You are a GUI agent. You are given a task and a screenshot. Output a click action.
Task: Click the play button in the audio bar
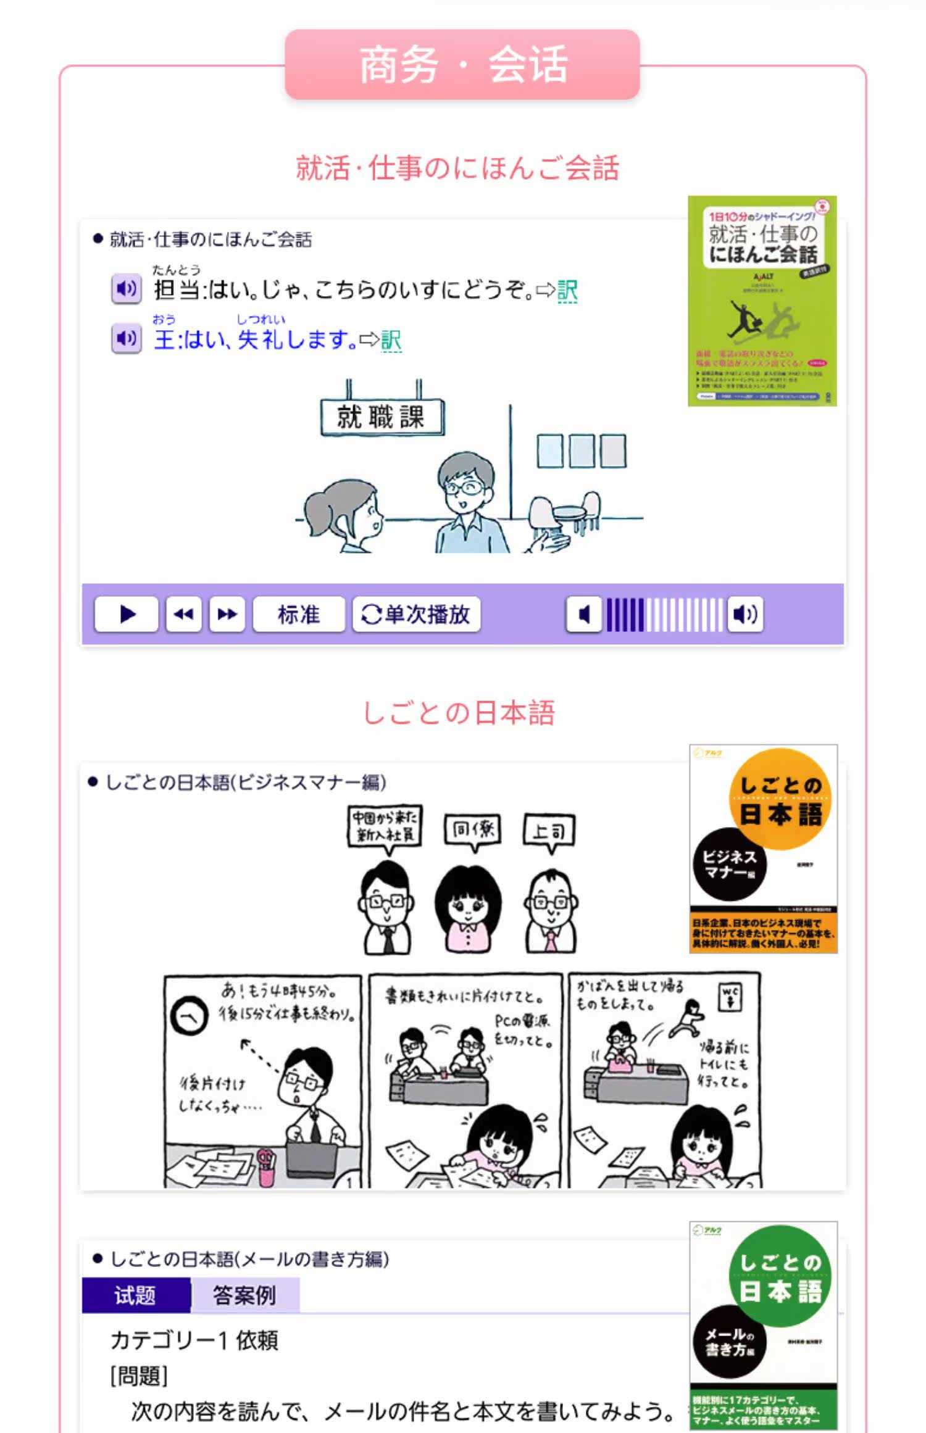click(x=127, y=614)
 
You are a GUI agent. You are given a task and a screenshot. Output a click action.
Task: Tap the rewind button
click(x=183, y=614)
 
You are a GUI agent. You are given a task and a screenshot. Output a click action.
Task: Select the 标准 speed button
click(x=299, y=614)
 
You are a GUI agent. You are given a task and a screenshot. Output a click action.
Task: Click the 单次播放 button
click(x=416, y=614)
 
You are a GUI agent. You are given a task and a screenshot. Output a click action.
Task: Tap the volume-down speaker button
click(x=584, y=614)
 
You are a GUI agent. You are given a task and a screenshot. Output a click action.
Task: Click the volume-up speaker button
click(x=745, y=614)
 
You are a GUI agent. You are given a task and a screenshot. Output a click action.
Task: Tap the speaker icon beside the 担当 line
click(x=127, y=288)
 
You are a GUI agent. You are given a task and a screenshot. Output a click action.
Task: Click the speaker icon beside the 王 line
click(x=127, y=338)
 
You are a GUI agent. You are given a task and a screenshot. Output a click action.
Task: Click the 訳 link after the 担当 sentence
click(x=567, y=291)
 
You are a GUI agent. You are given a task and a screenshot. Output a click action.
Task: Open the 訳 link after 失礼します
click(x=391, y=340)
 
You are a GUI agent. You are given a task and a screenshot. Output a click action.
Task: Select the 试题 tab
click(x=136, y=1295)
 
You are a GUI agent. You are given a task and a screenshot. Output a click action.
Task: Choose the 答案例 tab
click(x=244, y=1295)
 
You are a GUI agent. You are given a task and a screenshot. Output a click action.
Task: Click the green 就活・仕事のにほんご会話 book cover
click(x=762, y=301)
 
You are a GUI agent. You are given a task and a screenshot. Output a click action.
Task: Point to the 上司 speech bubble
click(x=549, y=831)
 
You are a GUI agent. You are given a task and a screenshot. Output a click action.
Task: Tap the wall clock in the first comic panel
click(x=188, y=1016)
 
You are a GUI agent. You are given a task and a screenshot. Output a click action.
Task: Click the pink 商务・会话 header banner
click(x=462, y=64)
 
